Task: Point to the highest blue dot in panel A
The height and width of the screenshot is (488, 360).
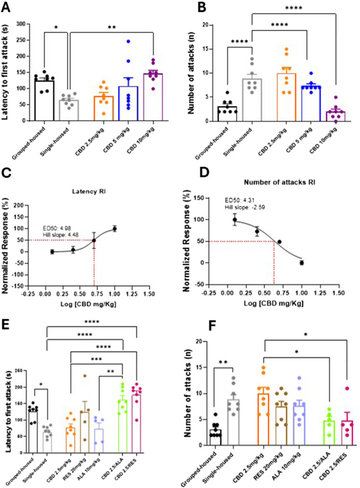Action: pyautogui.click(x=129, y=41)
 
